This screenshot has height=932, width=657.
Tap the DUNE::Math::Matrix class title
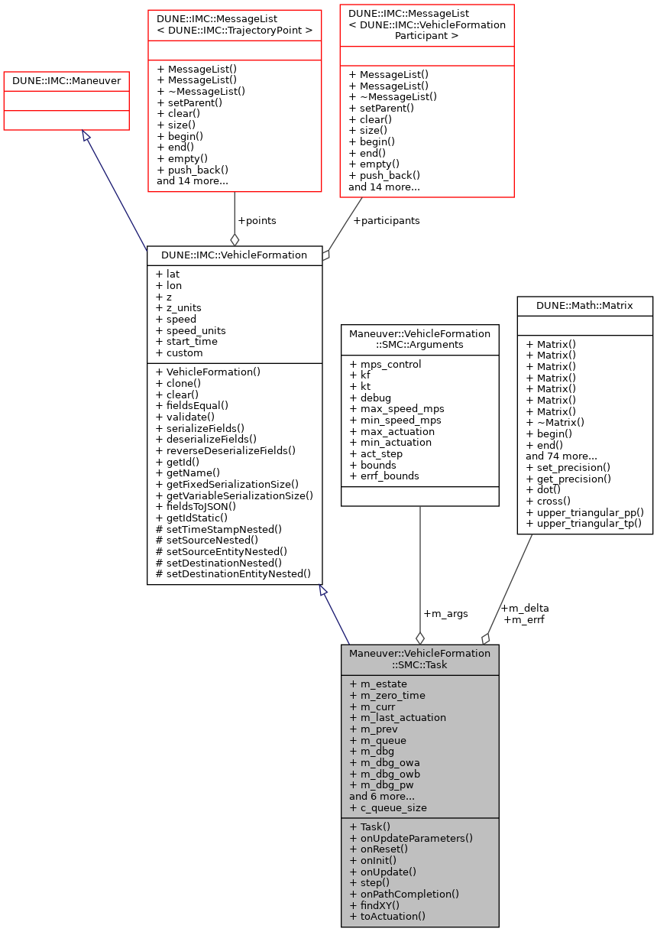584,306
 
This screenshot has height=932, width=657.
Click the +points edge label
257,221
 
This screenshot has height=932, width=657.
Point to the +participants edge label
386,221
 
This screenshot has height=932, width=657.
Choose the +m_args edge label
445,613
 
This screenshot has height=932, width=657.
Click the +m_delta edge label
525,608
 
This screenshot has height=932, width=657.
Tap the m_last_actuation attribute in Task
397,718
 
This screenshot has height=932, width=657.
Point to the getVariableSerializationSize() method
234,495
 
